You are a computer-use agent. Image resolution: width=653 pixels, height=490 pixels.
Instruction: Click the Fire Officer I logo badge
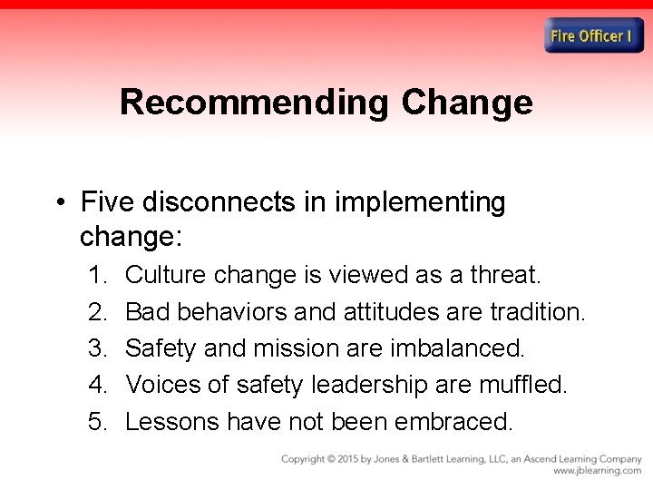pyautogui.click(x=593, y=36)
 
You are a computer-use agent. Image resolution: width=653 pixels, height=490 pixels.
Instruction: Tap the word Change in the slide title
pyautogui.click(x=467, y=103)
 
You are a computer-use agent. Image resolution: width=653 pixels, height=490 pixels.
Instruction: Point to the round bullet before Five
pyautogui.click(x=60, y=202)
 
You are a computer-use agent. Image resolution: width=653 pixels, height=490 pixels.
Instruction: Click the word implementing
pyautogui.click(x=420, y=201)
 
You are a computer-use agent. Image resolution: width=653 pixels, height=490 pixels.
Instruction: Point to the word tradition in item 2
pyautogui.click(x=537, y=312)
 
